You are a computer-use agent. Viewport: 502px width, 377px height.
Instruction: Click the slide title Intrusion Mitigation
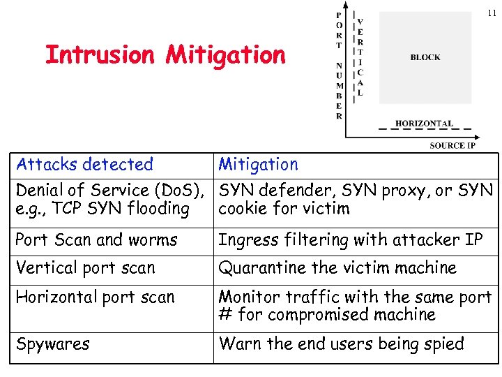pos(165,54)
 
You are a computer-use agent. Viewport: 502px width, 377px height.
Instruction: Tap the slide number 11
pos(491,13)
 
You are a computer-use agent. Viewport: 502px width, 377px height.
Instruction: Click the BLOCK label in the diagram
pos(425,57)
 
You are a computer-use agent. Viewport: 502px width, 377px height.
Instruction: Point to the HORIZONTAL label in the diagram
pos(424,124)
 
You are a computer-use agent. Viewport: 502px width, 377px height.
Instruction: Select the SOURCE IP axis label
pos(452,145)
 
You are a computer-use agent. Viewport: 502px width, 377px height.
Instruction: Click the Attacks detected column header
pos(84,165)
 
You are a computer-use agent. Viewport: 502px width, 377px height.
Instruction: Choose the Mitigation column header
pos(258,165)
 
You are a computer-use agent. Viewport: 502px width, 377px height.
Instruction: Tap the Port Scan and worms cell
pos(96,240)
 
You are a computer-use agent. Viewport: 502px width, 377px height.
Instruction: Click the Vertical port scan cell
pos(85,268)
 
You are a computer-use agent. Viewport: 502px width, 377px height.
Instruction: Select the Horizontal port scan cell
pos(95,297)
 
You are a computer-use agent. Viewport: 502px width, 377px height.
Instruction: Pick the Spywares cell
pos(52,344)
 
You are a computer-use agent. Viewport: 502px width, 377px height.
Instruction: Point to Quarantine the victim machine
pos(337,268)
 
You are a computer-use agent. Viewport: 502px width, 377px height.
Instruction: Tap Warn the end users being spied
pos(341,344)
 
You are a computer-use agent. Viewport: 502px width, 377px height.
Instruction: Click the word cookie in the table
pos(241,209)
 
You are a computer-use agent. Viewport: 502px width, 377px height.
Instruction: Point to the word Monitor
pos(248,297)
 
